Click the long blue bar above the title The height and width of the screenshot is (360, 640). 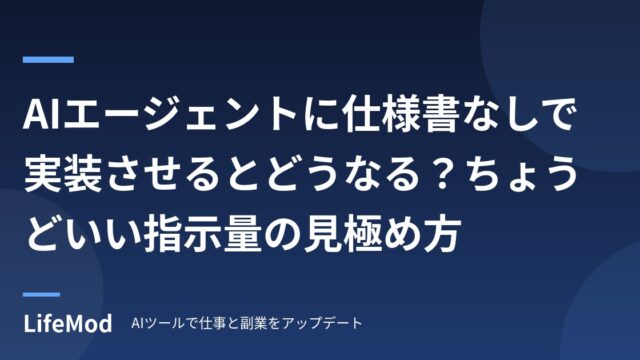pyautogui.click(x=48, y=60)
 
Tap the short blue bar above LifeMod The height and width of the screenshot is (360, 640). pyautogui.click(x=41, y=294)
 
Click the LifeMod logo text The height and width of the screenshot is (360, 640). pyautogui.click(x=68, y=324)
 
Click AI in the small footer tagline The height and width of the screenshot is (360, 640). pyautogui.click(x=136, y=324)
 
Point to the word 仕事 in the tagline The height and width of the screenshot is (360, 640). pyautogui.click(x=212, y=324)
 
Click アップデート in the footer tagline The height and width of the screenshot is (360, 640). pyautogui.click(x=322, y=324)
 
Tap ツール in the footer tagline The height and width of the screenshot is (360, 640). pyautogui.click(x=162, y=324)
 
